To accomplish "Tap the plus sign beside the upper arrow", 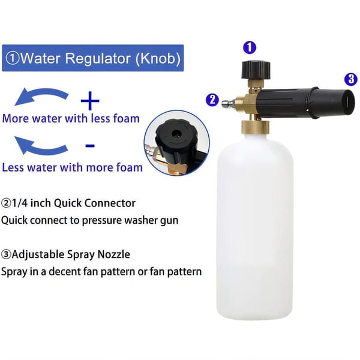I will point(90,98).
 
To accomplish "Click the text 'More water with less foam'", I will point(70,118).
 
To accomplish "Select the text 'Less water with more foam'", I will point(72,167).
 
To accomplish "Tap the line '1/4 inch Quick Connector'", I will point(68,203).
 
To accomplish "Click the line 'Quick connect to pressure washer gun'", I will point(89,220).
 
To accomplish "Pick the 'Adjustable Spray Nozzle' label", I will point(65,254).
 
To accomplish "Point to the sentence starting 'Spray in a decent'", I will point(101,272).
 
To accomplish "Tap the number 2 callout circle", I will point(212,100).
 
